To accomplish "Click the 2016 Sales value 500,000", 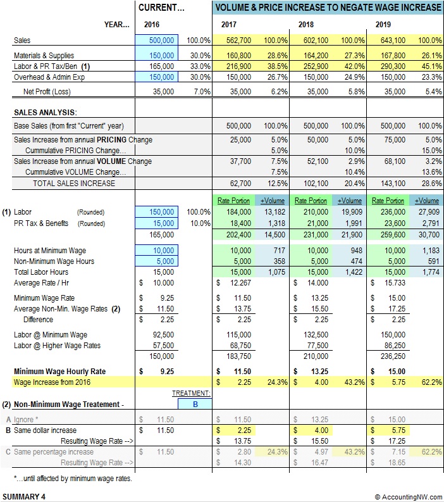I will click(x=163, y=40).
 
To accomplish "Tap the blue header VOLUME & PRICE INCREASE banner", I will click(x=328, y=8).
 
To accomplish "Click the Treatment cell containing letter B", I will click(x=195, y=403).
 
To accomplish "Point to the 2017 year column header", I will click(x=229, y=24).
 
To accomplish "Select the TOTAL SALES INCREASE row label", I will click(x=74, y=183).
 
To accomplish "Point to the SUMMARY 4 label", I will click(x=24, y=497).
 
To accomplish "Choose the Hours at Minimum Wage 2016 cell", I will click(x=163, y=250).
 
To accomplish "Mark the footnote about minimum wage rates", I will click(x=73, y=479).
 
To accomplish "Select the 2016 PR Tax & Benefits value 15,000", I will click(x=163, y=223).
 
